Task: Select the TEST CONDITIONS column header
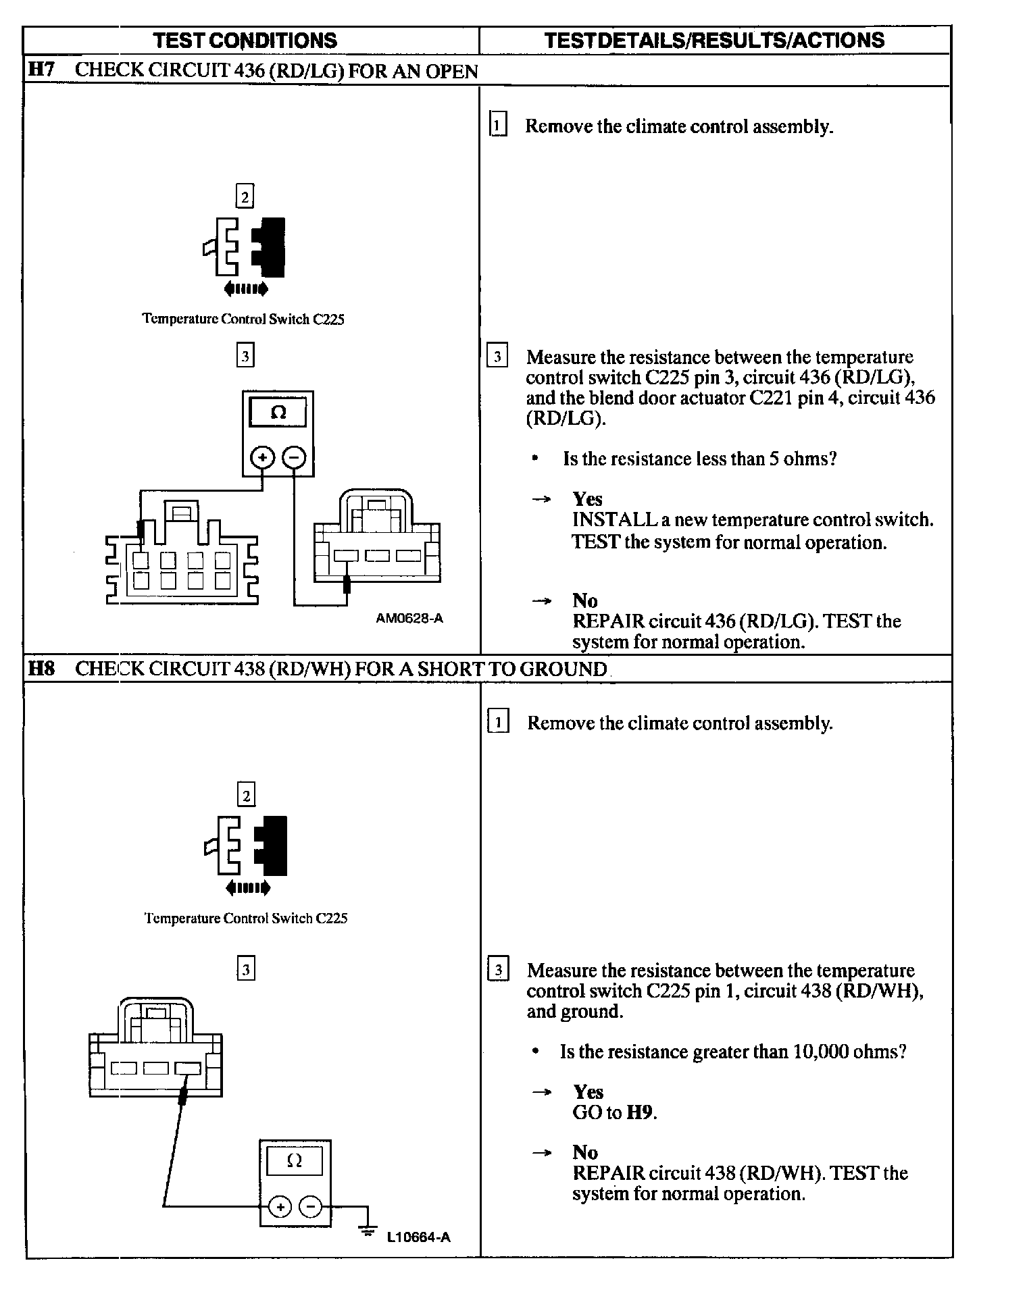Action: click(245, 41)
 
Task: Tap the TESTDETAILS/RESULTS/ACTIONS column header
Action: click(714, 41)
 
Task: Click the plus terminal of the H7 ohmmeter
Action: click(262, 458)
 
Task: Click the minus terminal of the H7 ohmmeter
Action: click(294, 458)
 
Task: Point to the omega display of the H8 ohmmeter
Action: click(295, 1161)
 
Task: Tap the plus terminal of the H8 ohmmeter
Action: click(280, 1206)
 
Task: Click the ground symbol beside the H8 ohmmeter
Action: click(368, 1231)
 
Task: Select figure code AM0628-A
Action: click(409, 618)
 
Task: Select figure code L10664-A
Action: click(418, 1237)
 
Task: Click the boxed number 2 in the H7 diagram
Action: click(245, 197)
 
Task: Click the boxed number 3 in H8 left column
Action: click(246, 970)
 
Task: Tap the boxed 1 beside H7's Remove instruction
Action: click(497, 126)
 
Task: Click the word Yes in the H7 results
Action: click(587, 499)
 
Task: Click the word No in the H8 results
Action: click(585, 1152)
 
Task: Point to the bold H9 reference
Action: click(641, 1112)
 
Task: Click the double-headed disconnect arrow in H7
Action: click(246, 289)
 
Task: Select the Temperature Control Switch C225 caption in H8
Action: click(246, 919)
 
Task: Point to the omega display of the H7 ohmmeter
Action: click(278, 412)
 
